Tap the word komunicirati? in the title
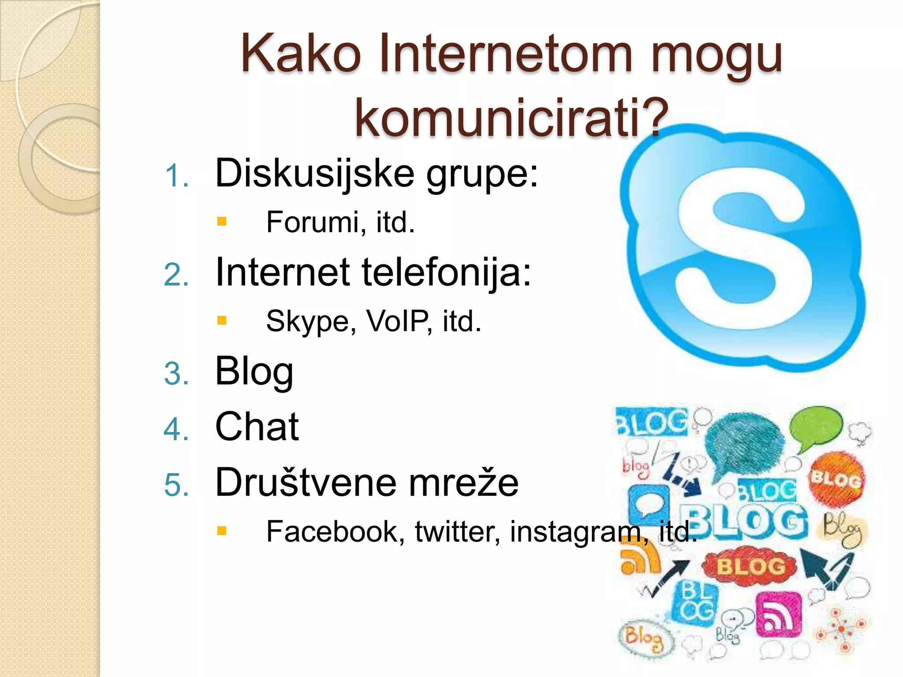[511, 118]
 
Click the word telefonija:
[446, 272]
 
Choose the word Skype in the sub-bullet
[311, 321]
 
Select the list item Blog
[254, 372]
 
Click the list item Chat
[257, 427]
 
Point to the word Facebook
[335, 531]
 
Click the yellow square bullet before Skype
[222, 320]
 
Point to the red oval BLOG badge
[750, 566]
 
